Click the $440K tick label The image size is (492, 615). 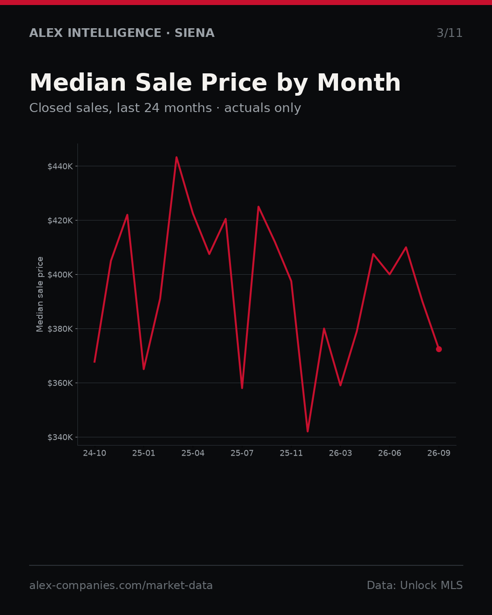60,166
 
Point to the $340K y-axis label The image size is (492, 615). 60,437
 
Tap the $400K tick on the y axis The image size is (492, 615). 60,275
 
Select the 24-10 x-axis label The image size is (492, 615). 95,453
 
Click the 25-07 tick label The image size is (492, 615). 242,453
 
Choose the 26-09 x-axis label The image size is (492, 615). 439,453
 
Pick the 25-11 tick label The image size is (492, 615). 291,453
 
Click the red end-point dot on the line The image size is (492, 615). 439,349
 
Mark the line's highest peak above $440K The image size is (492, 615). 176,157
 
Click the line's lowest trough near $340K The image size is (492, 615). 307,431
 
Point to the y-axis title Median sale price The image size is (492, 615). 40,294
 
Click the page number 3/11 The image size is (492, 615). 450,33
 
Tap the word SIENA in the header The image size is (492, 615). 195,33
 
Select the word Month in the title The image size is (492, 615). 359,83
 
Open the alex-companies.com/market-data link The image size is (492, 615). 121,585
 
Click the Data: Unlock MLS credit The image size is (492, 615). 415,585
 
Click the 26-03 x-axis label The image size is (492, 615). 340,453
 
